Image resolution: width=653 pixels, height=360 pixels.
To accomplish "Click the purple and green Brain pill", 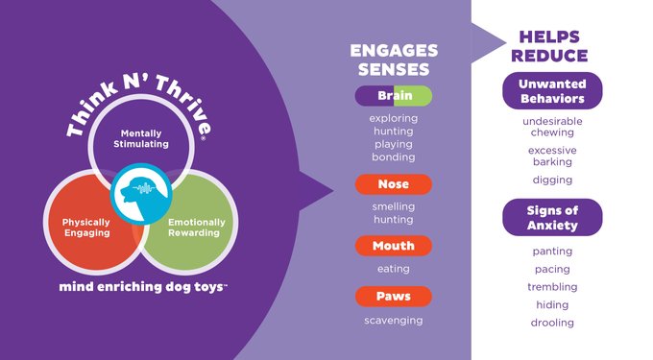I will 394,96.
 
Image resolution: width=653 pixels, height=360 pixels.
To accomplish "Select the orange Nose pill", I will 394,184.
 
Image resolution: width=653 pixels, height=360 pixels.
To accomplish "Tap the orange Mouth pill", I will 394,246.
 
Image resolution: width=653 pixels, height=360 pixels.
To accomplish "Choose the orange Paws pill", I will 394,297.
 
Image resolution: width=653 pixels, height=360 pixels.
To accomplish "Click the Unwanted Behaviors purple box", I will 552,91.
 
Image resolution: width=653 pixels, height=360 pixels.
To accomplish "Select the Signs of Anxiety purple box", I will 552,218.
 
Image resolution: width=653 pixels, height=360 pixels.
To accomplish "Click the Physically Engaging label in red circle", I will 79,228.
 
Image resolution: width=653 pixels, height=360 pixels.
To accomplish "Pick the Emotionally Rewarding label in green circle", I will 197,228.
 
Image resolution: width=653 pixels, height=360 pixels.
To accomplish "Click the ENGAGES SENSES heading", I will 394,60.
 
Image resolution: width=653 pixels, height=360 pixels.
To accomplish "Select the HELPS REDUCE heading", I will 552,46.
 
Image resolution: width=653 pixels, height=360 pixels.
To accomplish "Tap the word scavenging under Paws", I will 394,320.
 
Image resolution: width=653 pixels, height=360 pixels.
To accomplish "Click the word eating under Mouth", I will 394,269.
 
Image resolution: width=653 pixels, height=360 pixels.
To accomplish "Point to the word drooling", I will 552,323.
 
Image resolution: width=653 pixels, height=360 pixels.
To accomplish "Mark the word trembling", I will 552,287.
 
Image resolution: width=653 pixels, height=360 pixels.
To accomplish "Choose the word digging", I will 552,180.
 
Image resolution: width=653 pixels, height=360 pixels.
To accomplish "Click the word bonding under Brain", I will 394,156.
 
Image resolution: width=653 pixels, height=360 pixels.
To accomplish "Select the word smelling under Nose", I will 394,206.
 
